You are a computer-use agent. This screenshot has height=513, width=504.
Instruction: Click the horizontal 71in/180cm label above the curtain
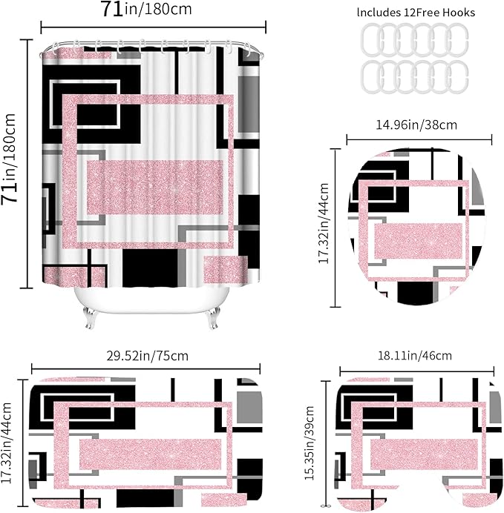(146, 9)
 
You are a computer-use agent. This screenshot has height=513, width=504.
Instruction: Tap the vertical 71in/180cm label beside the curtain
(9, 159)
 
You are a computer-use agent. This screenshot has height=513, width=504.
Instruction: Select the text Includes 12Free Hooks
(416, 13)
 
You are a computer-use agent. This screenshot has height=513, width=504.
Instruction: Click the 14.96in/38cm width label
(416, 125)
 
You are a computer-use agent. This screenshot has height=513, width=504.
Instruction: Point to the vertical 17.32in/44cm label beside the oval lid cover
(323, 223)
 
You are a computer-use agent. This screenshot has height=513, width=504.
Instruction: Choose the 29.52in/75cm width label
(148, 356)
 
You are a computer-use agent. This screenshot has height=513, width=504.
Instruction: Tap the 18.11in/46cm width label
(415, 356)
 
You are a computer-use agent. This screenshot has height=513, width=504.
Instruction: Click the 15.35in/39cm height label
(309, 443)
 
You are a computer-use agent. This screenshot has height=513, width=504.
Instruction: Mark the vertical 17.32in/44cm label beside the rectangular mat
(6, 443)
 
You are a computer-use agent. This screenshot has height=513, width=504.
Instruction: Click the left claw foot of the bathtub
(89, 317)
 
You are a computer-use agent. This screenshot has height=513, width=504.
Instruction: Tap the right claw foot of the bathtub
(212, 317)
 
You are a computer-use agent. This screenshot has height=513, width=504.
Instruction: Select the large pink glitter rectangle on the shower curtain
(155, 188)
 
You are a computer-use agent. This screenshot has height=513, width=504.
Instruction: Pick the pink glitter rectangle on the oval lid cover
(418, 241)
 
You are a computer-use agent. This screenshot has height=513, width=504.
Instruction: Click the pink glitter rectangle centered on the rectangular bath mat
(151, 454)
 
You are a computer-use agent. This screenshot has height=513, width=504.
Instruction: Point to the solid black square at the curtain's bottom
(151, 268)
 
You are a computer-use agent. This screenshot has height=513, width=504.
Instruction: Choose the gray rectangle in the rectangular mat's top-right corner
(249, 407)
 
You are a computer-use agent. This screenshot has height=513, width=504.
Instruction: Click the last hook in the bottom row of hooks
(457, 77)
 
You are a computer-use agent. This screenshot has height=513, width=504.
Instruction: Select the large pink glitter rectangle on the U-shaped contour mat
(424, 454)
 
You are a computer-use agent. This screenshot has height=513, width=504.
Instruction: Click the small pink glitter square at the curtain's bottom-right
(226, 270)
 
